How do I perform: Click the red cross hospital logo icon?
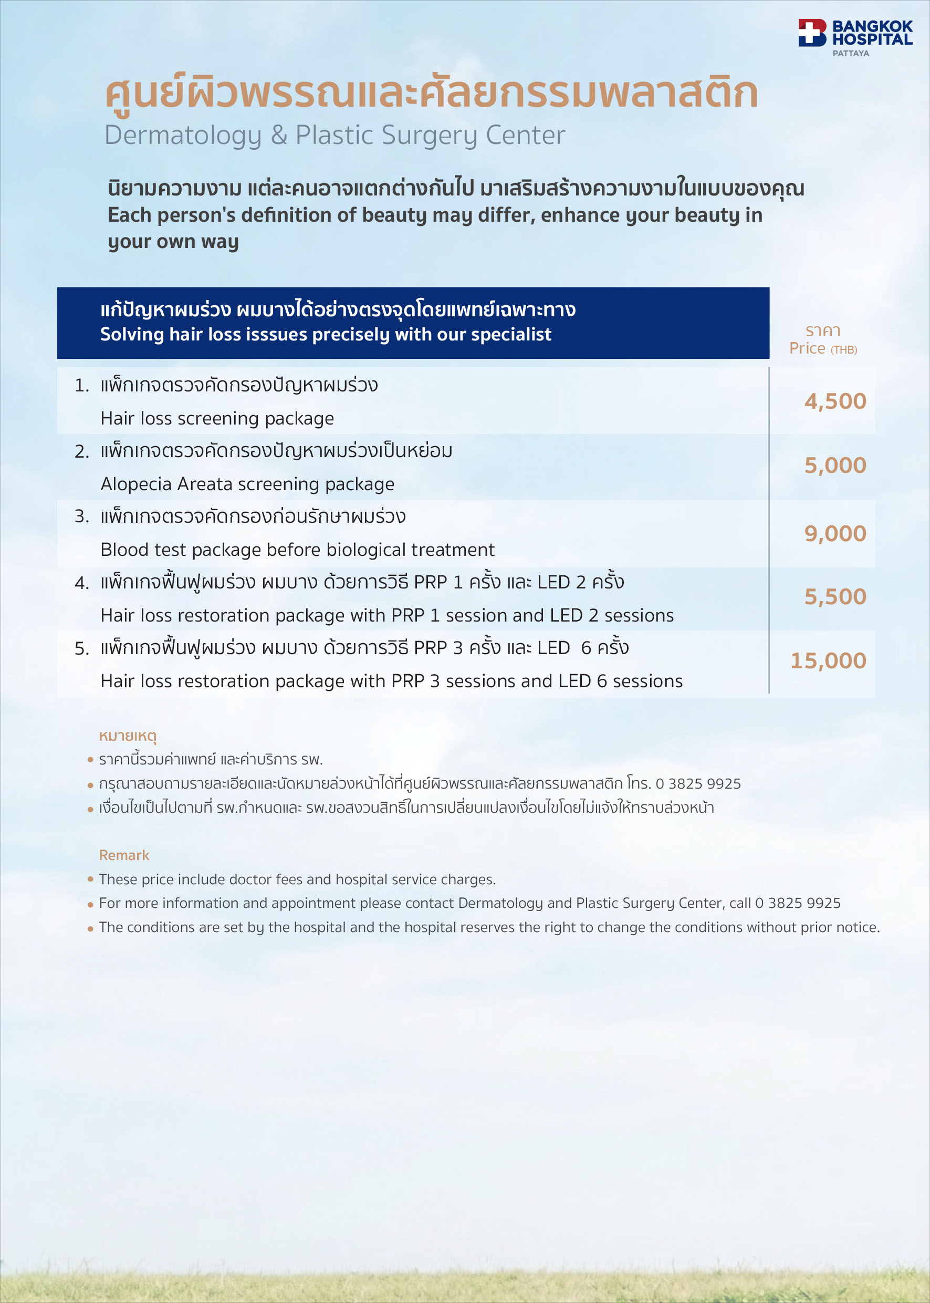click(x=812, y=33)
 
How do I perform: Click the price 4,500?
click(x=835, y=401)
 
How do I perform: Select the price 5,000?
click(x=835, y=466)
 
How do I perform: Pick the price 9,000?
click(x=835, y=533)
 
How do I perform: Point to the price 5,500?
click(x=835, y=596)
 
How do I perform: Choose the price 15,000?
click(x=828, y=660)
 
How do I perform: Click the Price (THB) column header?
click(x=823, y=348)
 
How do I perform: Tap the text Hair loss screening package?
click(x=217, y=418)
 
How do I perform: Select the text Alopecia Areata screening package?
click(x=247, y=484)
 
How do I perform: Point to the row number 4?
click(x=81, y=583)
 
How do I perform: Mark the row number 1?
click(x=81, y=386)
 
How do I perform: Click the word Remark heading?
click(x=124, y=855)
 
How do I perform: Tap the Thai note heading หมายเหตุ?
click(x=128, y=735)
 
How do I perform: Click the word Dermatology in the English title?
click(x=183, y=136)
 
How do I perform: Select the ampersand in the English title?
click(x=279, y=136)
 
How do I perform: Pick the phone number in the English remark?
click(x=798, y=903)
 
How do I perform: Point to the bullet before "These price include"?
click(x=90, y=879)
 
